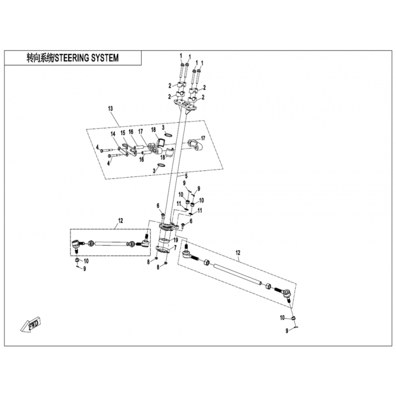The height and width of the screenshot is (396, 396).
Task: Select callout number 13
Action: (110, 108)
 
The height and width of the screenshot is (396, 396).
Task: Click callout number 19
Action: (175, 240)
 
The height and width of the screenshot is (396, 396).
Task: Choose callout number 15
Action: (123, 134)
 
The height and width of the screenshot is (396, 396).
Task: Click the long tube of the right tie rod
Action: (238, 274)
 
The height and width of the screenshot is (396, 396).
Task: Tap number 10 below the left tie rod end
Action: (87, 261)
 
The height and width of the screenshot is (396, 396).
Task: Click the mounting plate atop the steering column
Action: (186, 105)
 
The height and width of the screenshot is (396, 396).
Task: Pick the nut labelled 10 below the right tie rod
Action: (293, 317)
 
